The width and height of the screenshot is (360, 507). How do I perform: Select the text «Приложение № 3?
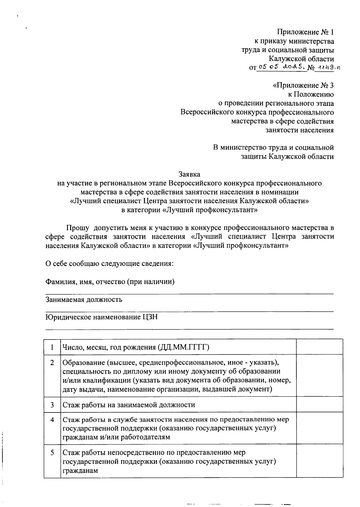(303, 85)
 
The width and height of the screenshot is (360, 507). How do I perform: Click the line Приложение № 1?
(305, 32)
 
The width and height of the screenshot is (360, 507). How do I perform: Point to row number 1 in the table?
(52, 347)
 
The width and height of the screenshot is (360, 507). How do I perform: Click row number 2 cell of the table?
(52, 363)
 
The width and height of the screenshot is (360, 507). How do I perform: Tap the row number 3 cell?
(52, 405)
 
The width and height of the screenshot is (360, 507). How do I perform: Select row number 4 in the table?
(52, 420)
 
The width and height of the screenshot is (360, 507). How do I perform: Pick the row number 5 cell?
(52, 453)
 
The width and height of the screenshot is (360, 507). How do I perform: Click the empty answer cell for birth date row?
(319, 347)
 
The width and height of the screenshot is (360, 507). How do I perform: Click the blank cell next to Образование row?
(319, 376)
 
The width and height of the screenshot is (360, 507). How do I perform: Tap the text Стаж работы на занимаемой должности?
(129, 405)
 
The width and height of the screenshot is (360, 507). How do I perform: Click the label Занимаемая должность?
(84, 299)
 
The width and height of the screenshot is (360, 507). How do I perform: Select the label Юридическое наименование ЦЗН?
(101, 317)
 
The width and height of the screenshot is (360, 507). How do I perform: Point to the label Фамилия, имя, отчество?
(110, 282)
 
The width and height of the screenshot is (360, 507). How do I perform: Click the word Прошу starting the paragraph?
(78, 228)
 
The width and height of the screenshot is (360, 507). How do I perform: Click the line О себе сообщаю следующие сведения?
(109, 264)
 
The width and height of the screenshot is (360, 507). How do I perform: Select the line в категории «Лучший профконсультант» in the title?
(189, 210)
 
